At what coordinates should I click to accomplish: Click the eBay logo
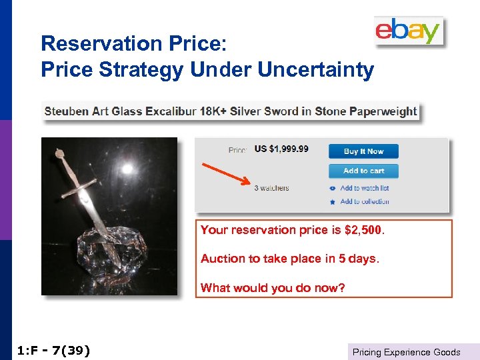point(408,31)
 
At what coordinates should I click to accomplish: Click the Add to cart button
point(363,171)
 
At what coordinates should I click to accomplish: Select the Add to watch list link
point(364,189)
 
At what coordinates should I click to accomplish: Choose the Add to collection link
point(364,201)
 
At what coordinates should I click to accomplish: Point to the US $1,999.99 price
point(281,149)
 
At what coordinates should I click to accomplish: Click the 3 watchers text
point(271,188)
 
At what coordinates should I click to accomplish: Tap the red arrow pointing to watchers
point(227,172)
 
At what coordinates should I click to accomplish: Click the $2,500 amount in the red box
point(363,230)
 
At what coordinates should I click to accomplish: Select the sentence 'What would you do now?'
point(273,288)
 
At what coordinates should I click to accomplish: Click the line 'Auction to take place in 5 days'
point(289,259)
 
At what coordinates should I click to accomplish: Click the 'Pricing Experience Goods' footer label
point(406,352)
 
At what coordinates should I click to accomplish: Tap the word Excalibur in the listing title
point(170,111)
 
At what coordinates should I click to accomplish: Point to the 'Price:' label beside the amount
point(237,150)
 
